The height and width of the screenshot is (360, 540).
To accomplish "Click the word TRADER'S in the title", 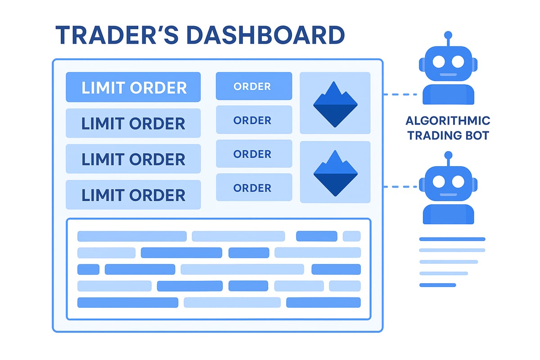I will [116, 36].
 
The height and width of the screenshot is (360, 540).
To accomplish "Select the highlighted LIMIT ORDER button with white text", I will [133, 87].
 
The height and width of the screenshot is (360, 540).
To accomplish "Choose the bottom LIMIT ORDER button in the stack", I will [133, 195].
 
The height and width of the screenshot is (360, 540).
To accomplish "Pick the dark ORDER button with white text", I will [254, 86].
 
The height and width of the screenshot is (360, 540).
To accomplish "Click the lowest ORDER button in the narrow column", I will [254, 187].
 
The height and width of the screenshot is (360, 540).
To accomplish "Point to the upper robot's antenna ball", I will [448, 35].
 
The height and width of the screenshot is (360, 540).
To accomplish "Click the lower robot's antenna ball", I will [448, 155].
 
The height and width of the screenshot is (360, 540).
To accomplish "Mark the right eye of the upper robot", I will [458, 62].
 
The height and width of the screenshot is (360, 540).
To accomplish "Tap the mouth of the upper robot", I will [448, 75].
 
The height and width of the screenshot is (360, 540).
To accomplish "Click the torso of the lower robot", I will [448, 214].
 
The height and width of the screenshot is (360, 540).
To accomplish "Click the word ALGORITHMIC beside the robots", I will [448, 121].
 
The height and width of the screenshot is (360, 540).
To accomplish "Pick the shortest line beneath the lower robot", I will [437, 285].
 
